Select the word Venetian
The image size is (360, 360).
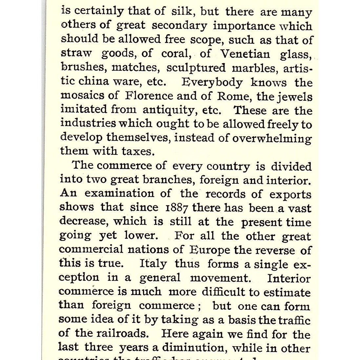click(x=245, y=53)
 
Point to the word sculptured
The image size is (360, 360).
click(x=196, y=68)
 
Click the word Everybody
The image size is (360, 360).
click(x=212, y=82)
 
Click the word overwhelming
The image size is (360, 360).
click(x=272, y=138)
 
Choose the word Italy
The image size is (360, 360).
click(x=153, y=264)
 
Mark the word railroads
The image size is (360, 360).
click(x=122, y=334)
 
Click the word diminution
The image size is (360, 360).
click(x=194, y=348)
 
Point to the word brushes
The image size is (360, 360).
click(x=83, y=68)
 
